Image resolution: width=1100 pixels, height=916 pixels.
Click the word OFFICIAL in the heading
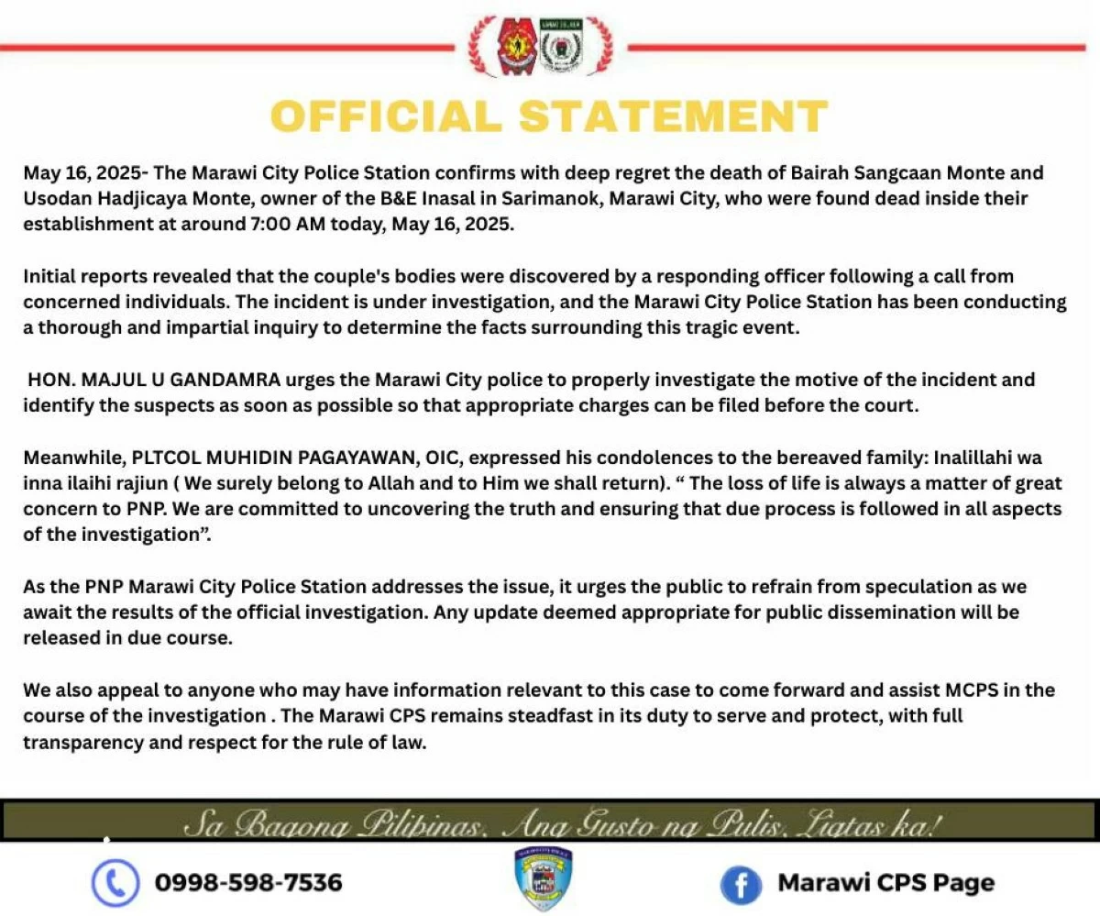[387, 116]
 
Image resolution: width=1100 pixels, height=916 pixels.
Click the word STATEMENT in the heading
[674, 116]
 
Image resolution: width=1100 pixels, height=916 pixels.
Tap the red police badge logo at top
[515, 46]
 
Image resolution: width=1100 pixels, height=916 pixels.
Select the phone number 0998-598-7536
[248, 883]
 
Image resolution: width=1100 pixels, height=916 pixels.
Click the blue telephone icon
[115, 883]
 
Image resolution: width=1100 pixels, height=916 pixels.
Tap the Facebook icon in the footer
[742, 884]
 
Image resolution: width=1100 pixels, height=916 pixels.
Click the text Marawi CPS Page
[885, 883]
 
